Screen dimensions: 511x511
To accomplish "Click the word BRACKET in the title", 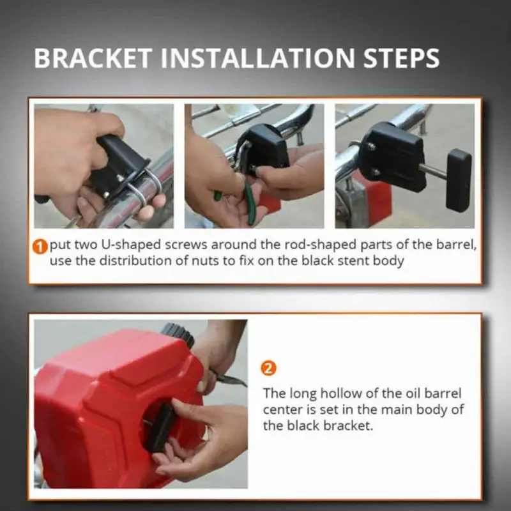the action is pyautogui.click(x=93, y=58).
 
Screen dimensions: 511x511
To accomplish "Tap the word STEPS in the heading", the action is pyautogui.click(x=402, y=58).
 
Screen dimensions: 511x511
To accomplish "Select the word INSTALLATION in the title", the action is pyautogui.click(x=257, y=58).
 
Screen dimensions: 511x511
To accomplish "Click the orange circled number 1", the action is pyautogui.click(x=40, y=247).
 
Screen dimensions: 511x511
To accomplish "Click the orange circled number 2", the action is pyautogui.click(x=268, y=369).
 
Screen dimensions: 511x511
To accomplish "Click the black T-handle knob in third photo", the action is pyautogui.click(x=459, y=180).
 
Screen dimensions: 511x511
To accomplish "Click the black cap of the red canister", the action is pyautogui.click(x=178, y=333).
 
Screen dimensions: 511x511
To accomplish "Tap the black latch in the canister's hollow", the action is pyautogui.click(x=160, y=427).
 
